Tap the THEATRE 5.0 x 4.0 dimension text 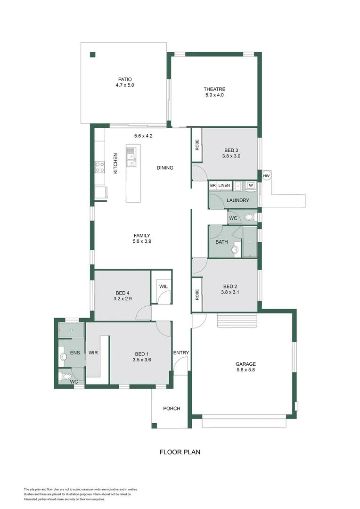(214, 95)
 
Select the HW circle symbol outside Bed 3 (266, 176)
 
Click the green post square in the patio (93, 54)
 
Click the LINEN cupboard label (224, 186)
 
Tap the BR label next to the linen (213, 186)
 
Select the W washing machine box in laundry (251, 186)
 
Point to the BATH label (221, 242)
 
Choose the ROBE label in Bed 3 (197, 145)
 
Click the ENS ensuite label (75, 353)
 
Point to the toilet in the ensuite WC (65, 377)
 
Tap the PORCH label (172, 409)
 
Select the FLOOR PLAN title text (180, 452)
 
